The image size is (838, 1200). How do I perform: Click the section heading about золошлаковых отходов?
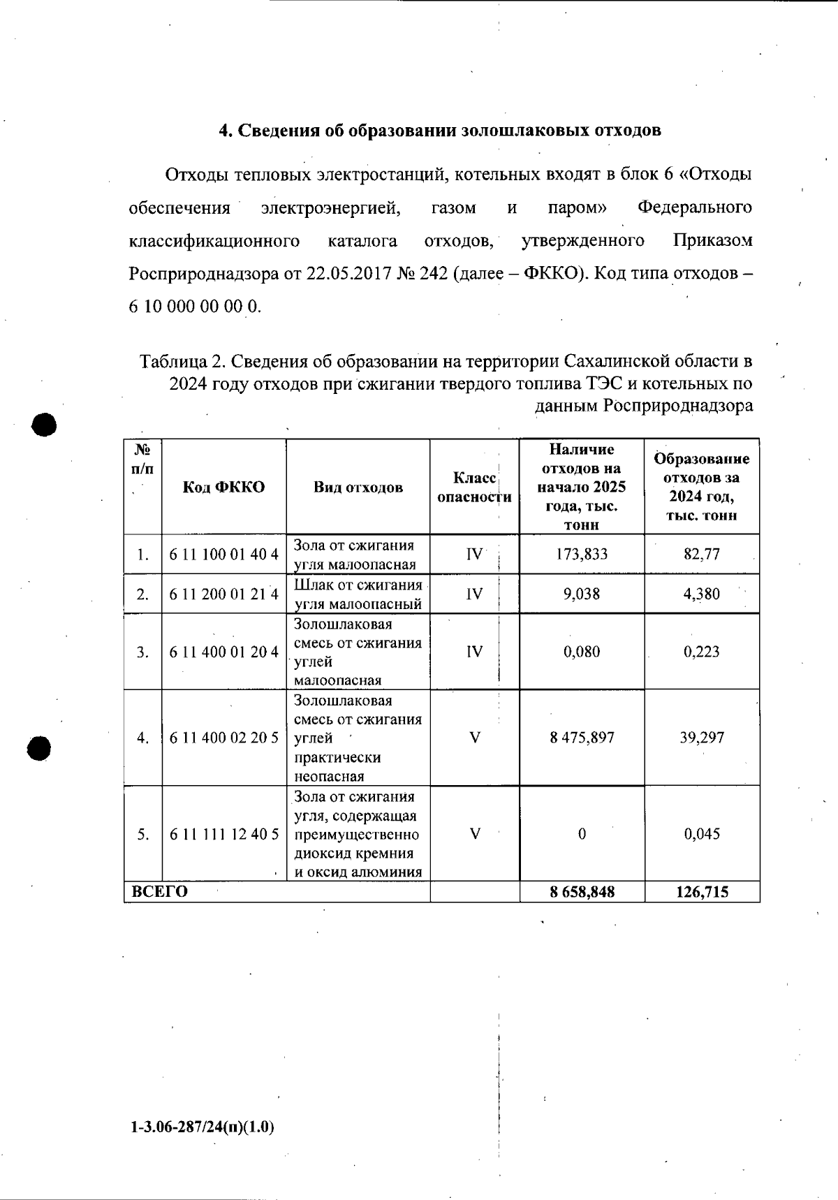pos(440,131)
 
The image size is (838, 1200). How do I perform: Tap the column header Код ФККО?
pos(224,487)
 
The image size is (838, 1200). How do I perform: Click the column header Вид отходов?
pos(358,487)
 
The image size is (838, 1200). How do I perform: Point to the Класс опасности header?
pos(474,487)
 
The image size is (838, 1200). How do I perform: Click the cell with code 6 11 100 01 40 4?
pos(224,555)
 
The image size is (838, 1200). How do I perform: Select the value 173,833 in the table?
pos(582,555)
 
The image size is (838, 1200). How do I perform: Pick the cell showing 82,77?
pos(702,555)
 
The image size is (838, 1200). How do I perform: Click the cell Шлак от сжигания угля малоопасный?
pos(358,594)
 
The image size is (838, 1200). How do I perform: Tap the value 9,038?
pos(582,594)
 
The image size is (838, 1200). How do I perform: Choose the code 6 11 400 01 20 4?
pos(224,652)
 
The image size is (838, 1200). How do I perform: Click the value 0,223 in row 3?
pos(702,652)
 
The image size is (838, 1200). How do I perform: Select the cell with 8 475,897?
pos(582,738)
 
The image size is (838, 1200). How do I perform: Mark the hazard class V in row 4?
pos(475,738)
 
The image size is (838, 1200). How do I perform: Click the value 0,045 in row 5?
pos(702,834)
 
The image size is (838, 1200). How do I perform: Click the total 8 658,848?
pos(582,892)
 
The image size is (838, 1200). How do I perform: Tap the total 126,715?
pos(702,892)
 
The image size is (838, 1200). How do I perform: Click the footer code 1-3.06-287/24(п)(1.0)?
pos(202,1127)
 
